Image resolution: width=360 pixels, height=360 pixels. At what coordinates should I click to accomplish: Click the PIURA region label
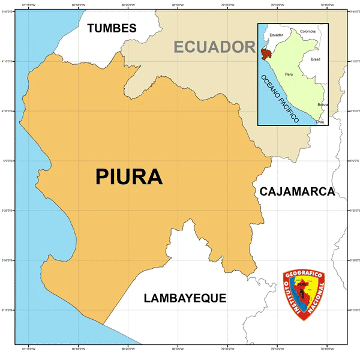[129, 176]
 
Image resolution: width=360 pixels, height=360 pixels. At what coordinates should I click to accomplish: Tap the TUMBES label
[112, 28]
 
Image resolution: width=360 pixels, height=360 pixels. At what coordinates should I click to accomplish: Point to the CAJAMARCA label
[296, 192]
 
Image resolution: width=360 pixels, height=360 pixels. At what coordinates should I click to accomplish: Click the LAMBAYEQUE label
[185, 298]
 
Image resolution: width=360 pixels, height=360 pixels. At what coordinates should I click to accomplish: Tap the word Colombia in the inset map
[307, 31]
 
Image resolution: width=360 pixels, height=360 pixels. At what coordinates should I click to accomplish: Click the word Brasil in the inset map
[315, 59]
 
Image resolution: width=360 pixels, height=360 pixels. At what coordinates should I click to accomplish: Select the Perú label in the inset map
[289, 74]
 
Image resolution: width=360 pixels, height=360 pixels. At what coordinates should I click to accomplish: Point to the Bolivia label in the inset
[323, 105]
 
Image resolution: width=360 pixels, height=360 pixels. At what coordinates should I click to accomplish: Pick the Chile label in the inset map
[320, 122]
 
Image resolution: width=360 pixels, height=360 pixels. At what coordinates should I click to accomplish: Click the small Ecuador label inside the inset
[276, 35]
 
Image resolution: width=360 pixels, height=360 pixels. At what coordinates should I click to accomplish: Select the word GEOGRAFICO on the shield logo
[304, 275]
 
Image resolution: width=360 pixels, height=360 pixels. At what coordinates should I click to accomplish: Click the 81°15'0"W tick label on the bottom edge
[28, 348]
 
